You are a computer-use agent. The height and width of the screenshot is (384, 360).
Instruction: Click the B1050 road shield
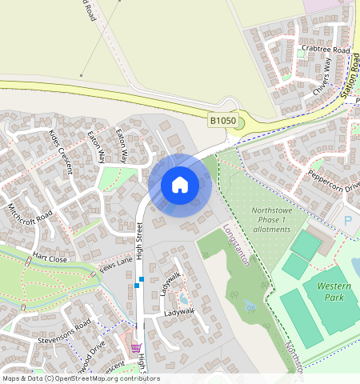tap(222, 120)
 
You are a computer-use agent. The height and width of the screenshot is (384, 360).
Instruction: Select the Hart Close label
tap(50, 258)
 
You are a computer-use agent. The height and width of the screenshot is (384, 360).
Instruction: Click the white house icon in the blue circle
tap(179, 185)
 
